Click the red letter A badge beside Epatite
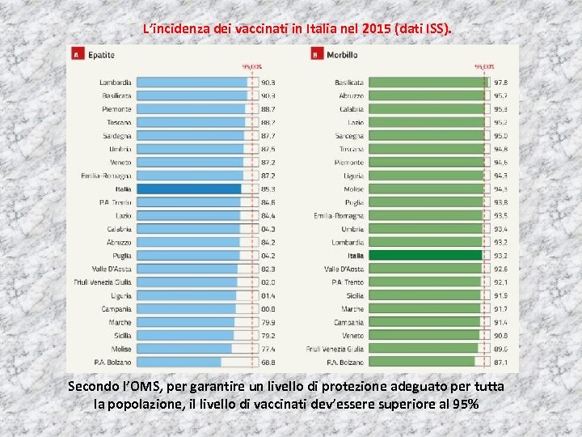[75, 54]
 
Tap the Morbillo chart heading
[341, 54]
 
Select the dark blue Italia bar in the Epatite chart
[188, 189]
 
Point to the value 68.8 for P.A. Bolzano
[268, 362]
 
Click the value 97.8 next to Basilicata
[501, 83]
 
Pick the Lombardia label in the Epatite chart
[116, 83]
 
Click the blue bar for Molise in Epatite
[183, 348]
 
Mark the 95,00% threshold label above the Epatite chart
[251, 67]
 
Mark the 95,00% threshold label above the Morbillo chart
[484, 67]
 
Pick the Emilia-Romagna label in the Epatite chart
[106, 176]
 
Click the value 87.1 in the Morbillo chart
[501, 362]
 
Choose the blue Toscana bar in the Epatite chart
[191, 122]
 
